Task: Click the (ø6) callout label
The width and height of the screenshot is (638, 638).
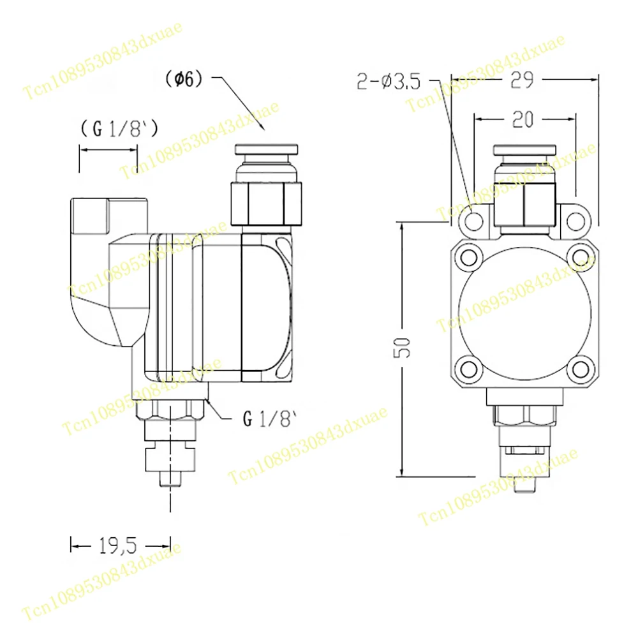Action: pyautogui.click(x=184, y=78)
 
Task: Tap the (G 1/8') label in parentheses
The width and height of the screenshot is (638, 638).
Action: pyautogui.click(x=119, y=129)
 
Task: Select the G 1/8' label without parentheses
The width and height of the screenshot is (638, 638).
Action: pyautogui.click(x=270, y=419)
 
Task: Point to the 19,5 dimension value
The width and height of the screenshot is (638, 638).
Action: pyautogui.click(x=118, y=545)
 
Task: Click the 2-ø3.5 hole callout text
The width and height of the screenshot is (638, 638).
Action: pyautogui.click(x=389, y=82)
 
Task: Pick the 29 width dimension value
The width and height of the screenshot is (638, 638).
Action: pyautogui.click(x=522, y=80)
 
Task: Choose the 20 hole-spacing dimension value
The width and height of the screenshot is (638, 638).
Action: pyautogui.click(x=523, y=120)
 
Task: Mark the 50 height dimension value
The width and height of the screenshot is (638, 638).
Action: pyautogui.click(x=402, y=348)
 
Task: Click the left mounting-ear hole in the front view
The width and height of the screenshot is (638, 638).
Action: pyautogui.click(x=473, y=222)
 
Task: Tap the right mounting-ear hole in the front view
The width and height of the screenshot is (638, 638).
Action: pyautogui.click(x=575, y=222)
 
